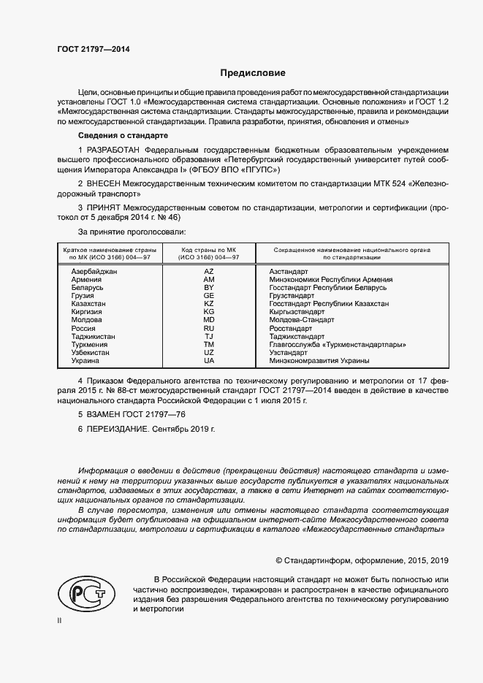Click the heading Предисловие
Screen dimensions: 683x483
pyautogui.click(x=253, y=73)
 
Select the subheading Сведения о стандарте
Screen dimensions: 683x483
pyautogui.click(x=123, y=136)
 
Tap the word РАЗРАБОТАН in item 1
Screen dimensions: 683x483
pyautogui.click(x=115, y=149)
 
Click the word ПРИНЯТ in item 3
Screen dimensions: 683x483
pyautogui.click(x=104, y=207)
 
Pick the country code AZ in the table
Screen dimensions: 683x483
pyautogui.click(x=208, y=271)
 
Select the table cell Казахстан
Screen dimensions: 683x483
pyautogui.click(x=88, y=303)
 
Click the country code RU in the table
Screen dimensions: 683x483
pyautogui.click(x=208, y=328)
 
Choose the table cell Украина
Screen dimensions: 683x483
pyautogui.click(x=85, y=360)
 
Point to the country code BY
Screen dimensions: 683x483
pyautogui.click(x=208, y=287)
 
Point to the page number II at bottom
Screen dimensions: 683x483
pyautogui.click(x=59, y=620)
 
